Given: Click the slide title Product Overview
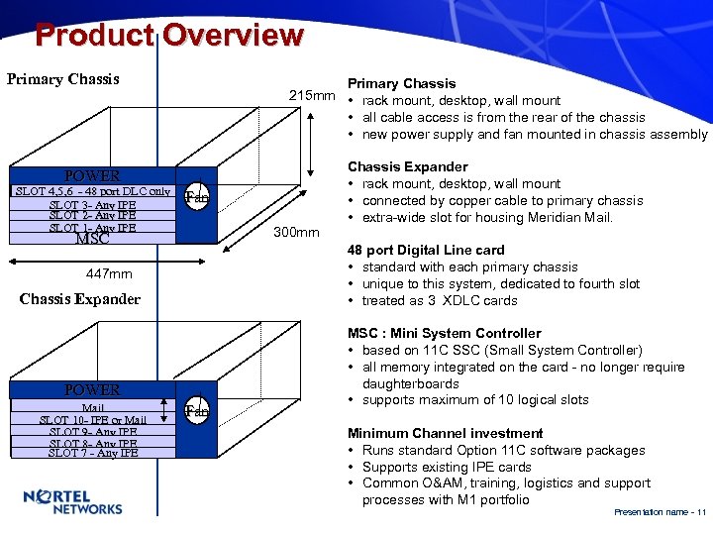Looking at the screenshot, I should click(x=168, y=36).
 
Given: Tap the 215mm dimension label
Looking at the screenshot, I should click(x=312, y=95).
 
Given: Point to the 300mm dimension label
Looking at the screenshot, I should click(x=296, y=233).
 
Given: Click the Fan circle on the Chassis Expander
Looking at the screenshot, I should click(x=197, y=409).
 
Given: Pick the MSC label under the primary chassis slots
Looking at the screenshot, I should click(x=92, y=239).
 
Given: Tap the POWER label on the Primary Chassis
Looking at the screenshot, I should click(x=92, y=175).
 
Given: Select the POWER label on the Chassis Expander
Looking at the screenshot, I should click(x=92, y=390).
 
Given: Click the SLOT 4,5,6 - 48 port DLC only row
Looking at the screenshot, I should click(x=92, y=191).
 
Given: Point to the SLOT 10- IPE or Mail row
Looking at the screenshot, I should click(x=92, y=420).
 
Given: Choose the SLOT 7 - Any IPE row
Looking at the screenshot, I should click(x=92, y=454).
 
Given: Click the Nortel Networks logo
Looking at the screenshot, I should click(x=71, y=502).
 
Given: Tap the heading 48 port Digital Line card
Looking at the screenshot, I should click(x=425, y=251).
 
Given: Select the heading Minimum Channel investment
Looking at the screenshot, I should click(x=445, y=433).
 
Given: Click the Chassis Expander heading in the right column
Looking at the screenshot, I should click(x=407, y=166).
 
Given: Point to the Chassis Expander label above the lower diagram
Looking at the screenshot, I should click(x=80, y=299).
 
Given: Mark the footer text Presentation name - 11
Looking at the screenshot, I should click(x=660, y=512).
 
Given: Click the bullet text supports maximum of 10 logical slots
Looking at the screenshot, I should click(x=475, y=400).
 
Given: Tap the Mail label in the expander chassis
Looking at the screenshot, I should click(x=92, y=408).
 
